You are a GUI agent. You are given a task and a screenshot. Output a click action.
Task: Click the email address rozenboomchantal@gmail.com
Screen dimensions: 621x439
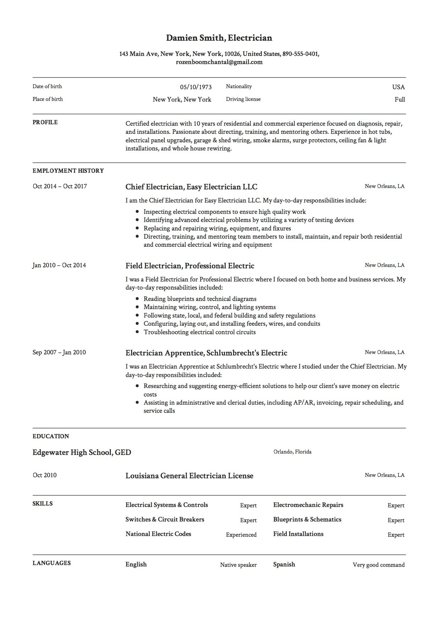pos(219,62)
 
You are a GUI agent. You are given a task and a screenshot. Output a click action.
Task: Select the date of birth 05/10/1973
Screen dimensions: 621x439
pos(196,87)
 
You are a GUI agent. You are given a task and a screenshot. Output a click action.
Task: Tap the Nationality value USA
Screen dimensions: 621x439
pos(398,87)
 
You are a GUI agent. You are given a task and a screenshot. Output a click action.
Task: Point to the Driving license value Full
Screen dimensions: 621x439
pos(400,99)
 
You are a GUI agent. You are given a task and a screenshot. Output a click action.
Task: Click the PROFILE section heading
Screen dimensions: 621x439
pos(45,123)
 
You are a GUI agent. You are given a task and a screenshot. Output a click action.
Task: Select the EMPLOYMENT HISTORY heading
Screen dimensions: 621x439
pos(68,171)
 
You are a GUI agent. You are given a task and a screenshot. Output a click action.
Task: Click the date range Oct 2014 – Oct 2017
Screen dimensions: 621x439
pos(60,186)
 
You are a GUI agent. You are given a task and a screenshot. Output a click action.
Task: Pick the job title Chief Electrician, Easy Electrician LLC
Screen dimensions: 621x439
pos(191,187)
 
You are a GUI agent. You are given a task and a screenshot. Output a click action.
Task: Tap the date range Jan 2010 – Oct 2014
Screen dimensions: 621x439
pos(59,265)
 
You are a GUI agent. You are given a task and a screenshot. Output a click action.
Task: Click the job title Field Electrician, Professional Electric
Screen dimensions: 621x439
pos(190,266)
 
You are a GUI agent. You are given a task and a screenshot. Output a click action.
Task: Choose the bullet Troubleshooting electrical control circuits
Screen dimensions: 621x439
pos(199,332)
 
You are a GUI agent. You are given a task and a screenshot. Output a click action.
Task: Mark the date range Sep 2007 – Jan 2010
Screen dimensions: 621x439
pos(59,352)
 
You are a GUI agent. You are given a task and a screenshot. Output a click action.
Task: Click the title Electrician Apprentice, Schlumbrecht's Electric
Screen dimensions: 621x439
pos(206,353)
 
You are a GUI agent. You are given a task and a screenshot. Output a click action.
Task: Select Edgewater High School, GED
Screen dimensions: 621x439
pos(82,452)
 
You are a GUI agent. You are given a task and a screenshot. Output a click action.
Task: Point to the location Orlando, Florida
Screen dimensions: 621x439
pos(292,452)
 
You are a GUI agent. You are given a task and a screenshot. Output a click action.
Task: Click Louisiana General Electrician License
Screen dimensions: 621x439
pos(189,476)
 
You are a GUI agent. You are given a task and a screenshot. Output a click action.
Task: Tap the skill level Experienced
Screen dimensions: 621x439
pos(241,535)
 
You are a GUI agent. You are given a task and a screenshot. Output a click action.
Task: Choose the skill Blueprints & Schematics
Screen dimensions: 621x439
pos(307,519)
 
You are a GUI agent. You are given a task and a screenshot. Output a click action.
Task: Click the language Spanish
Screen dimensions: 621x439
pos(284,564)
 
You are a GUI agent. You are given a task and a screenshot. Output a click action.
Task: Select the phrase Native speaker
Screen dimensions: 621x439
pos(238,565)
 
